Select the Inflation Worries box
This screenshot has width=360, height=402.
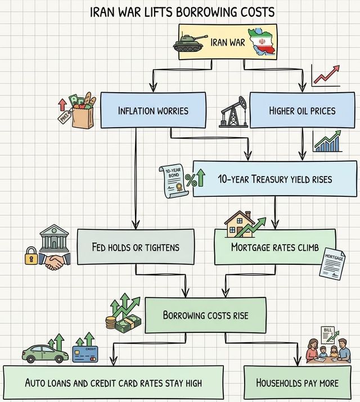[x=153, y=110]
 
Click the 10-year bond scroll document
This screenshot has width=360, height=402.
[x=172, y=179]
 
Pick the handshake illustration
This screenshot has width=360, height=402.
[x=55, y=260]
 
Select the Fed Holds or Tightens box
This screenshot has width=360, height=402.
[x=136, y=247]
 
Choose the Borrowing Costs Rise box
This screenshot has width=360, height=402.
[x=205, y=315]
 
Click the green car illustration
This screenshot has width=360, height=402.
[x=45, y=354]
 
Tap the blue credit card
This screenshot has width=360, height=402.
[x=85, y=355]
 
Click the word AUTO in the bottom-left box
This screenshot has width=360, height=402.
[x=38, y=383]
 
